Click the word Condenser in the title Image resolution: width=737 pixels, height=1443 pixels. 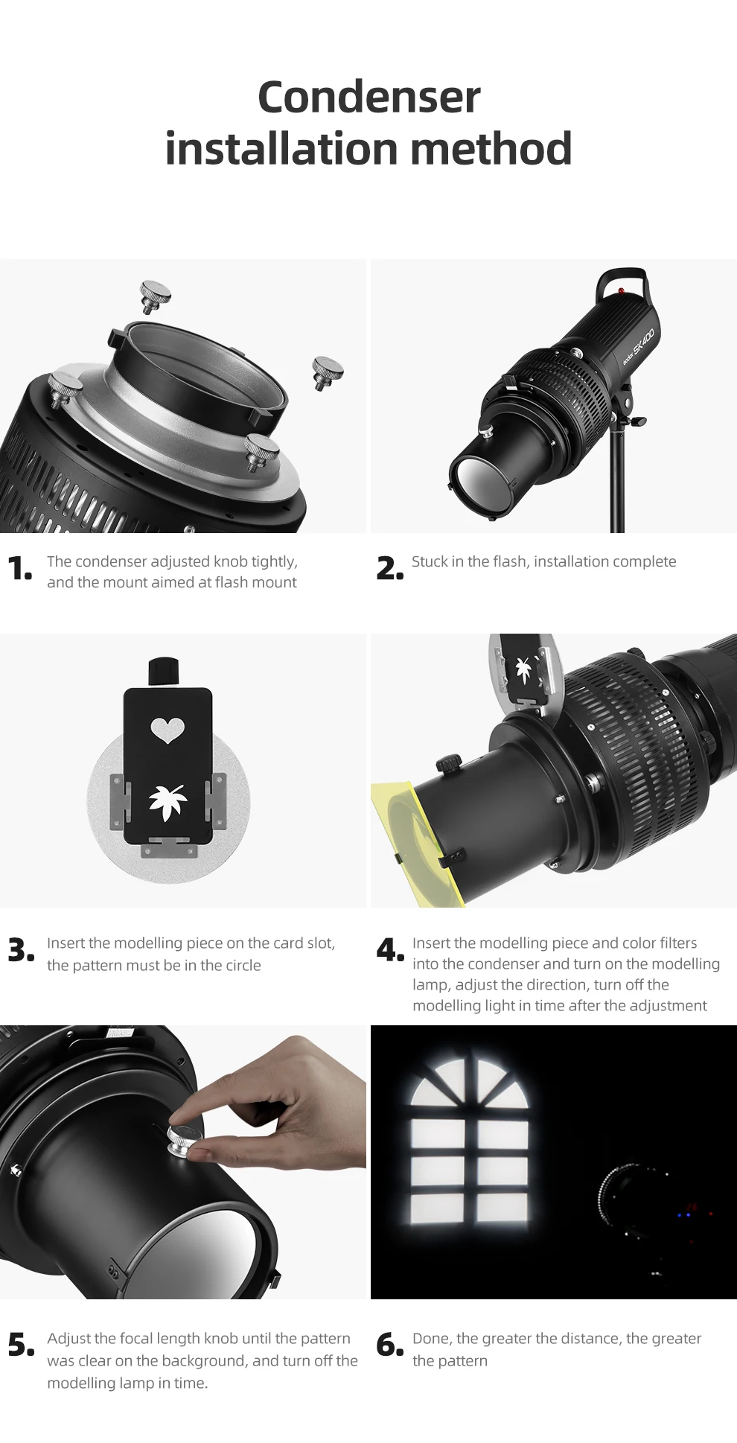click(368, 98)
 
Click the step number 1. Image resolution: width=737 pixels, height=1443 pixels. click(19, 569)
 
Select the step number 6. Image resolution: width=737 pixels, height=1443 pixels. click(389, 1345)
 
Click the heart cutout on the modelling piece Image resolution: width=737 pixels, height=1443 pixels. click(167, 730)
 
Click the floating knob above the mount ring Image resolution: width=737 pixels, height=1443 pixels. click(155, 296)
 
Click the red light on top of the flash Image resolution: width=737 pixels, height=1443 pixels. click(621, 291)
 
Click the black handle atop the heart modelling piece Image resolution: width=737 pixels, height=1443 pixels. click(164, 670)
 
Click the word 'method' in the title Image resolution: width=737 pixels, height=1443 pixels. click(491, 149)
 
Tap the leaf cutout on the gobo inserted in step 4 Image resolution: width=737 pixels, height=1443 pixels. click(524, 668)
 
